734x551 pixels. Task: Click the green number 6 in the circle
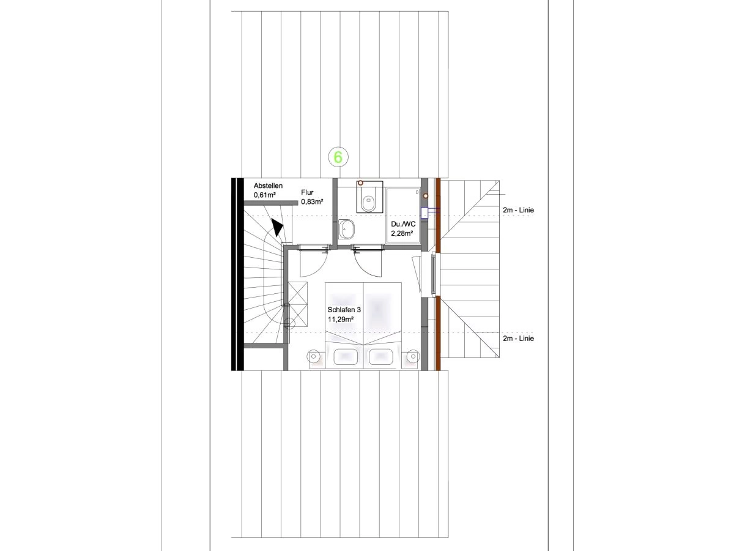tap(338, 157)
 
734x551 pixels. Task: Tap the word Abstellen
tap(268, 186)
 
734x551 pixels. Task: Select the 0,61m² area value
tap(264, 195)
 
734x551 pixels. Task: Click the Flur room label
tap(307, 192)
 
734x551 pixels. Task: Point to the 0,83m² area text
tap(312, 202)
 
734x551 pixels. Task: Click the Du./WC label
tap(403, 224)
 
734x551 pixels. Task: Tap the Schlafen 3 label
tap(344, 310)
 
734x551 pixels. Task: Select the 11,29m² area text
tap(341, 320)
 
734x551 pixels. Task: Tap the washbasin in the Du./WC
tap(346, 229)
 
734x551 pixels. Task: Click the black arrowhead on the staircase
tap(276, 227)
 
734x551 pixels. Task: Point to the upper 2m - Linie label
tap(518, 210)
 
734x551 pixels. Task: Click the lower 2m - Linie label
tap(518, 339)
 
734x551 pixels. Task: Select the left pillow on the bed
tap(346, 357)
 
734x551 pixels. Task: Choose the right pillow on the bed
tap(380, 357)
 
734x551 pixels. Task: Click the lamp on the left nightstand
tap(313, 357)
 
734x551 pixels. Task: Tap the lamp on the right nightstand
tap(413, 357)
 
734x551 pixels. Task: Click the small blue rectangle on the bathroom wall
tap(424, 213)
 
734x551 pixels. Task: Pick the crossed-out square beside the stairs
tap(297, 304)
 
